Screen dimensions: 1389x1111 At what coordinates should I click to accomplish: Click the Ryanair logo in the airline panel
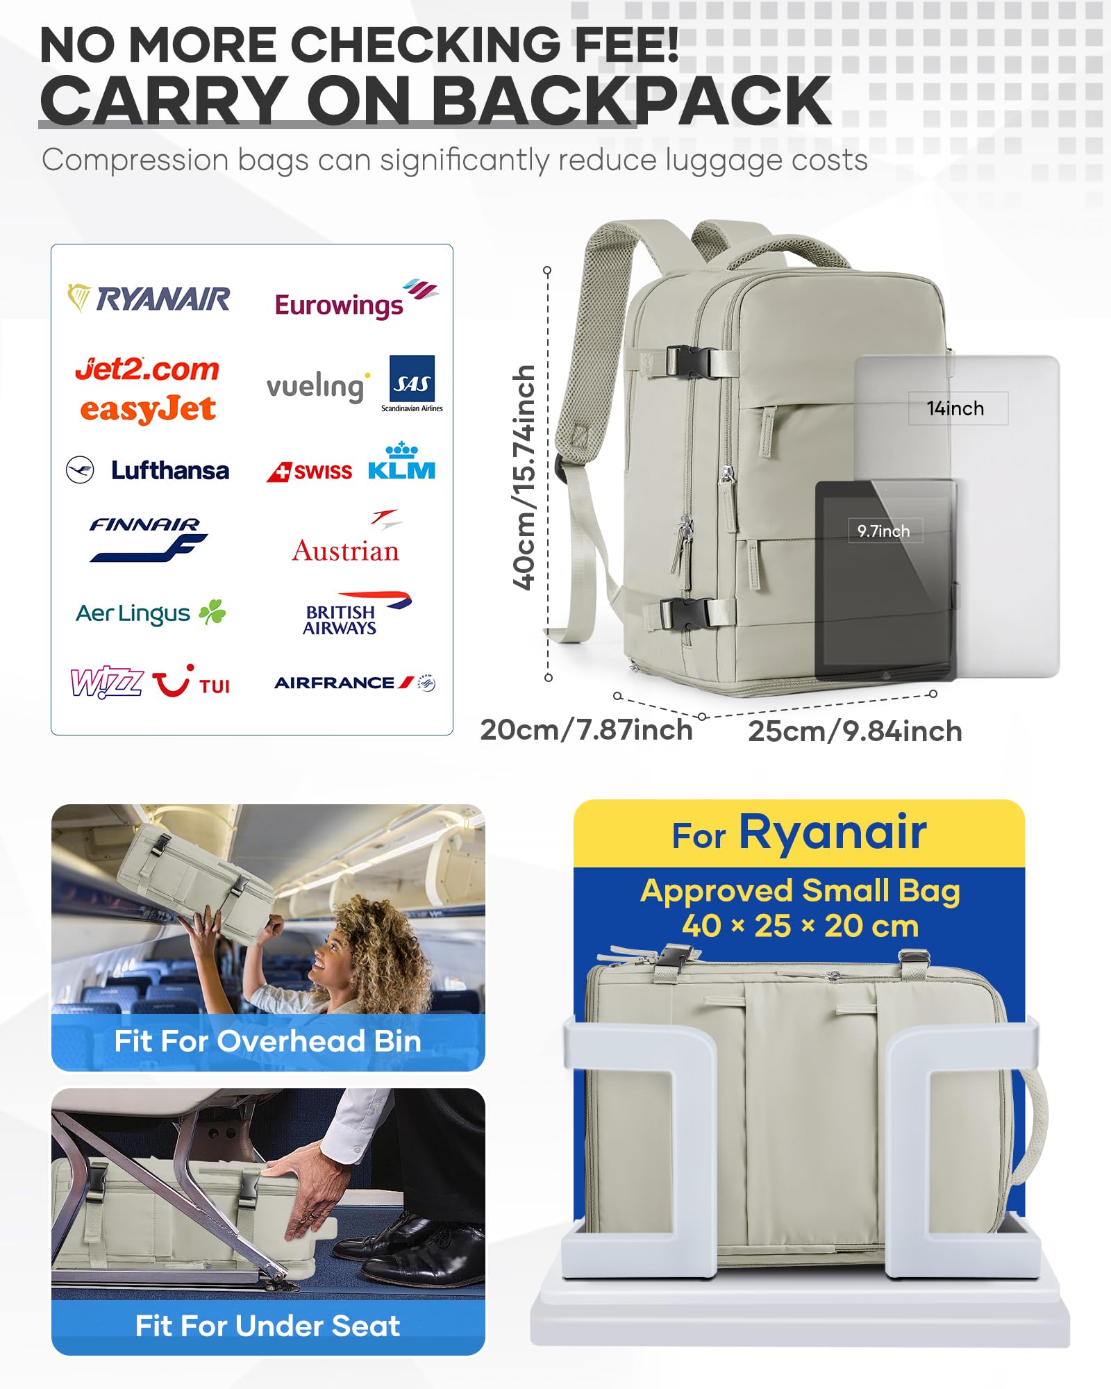tap(149, 299)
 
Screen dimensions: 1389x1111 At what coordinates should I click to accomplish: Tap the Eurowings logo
tap(354, 301)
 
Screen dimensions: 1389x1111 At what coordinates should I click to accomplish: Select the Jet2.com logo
tap(147, 369)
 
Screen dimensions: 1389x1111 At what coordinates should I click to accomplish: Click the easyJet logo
tap(147, 409)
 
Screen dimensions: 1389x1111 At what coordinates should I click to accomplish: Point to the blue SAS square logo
tap(412, 379)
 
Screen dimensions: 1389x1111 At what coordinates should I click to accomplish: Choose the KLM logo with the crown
tap(401, 462)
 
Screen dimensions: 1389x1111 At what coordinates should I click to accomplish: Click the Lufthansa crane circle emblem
tap(80, 470)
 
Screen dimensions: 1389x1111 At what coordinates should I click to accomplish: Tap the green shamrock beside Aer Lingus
tap(212, 612)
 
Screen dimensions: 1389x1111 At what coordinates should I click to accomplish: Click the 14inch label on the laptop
tap(955, 408)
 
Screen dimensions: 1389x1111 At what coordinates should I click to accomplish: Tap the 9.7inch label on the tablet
tap(883, 531)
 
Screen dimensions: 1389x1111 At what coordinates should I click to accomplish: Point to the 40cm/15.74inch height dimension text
tap(524, 478)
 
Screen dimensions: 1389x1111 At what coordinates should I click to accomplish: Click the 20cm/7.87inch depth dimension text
tap(586, 730)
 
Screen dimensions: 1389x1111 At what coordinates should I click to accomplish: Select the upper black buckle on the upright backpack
tap(689, 361)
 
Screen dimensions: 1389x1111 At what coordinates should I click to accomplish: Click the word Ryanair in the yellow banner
tap(832, 832)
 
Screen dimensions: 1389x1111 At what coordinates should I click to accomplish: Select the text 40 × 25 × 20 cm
tap(800, 926)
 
